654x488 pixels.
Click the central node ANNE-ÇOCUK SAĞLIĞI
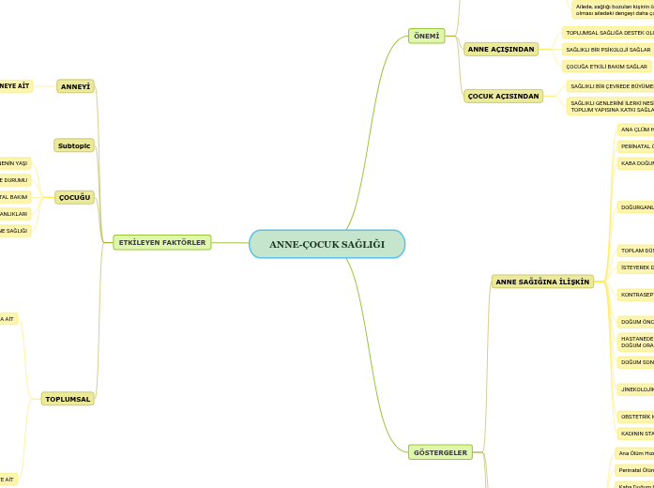pos(327,244)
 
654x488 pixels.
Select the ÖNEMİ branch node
pos(426,36)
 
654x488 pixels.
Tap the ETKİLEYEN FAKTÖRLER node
pos(161,242)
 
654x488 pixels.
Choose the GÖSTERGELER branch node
pos(440,452)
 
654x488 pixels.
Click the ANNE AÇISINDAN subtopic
pos(501,49)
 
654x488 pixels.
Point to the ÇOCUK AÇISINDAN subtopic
pos(503,96)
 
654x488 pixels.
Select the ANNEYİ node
pos(75,86)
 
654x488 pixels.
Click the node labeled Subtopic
pos(74,145)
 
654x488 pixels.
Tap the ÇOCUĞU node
pos(74,197)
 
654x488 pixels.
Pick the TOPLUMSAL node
pos(68,399)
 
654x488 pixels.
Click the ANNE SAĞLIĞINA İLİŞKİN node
pos(542,282)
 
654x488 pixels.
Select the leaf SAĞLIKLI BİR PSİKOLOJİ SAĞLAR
pos(608,49)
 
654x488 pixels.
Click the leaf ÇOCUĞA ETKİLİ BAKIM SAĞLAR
pos(606,67)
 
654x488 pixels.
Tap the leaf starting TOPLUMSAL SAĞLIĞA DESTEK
pos(609,32)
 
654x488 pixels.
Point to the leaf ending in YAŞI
pos(14,163)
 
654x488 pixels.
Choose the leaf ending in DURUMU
pos(14,180)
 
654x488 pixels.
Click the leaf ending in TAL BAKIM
pos(14,197)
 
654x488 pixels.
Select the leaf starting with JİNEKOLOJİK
pos(636,389)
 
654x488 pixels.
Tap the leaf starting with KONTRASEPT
pos(636,294)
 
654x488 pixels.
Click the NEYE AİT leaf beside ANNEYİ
pos(15,86)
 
